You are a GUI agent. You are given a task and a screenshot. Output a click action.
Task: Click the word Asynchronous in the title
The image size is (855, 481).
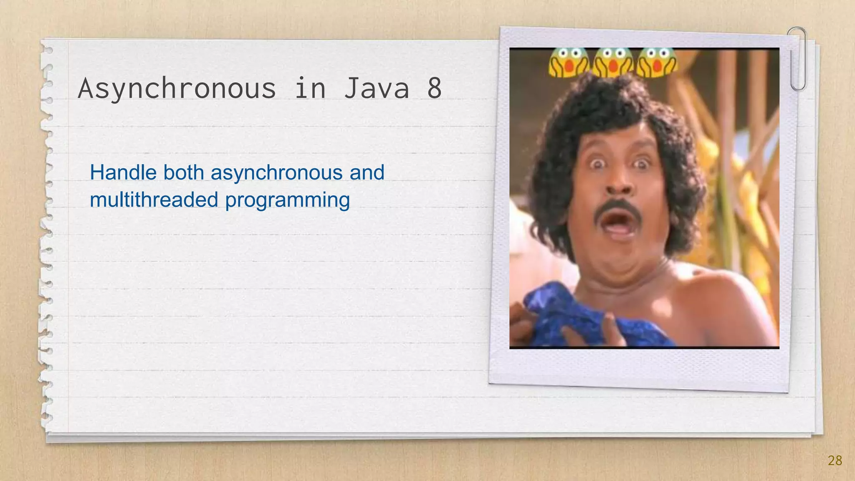coord(177,89)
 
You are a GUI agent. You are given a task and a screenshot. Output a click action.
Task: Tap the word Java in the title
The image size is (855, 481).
coord(376,88)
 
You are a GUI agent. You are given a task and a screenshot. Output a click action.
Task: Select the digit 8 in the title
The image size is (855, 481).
coord(434,88)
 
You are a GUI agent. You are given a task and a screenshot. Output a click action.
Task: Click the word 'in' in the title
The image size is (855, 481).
coord(310,88)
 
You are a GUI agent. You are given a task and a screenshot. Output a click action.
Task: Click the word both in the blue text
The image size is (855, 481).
coord(183,172)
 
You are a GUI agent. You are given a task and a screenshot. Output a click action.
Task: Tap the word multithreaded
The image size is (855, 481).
coord(154,200)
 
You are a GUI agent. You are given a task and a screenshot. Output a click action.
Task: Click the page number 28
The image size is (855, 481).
coord(835,461)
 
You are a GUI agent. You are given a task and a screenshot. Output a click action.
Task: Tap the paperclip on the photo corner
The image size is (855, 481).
coord(797,58)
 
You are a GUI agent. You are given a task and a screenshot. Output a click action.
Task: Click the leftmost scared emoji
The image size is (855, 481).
coord(568,63)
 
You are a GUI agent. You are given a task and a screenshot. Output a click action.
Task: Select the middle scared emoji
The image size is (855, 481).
coord(613,63)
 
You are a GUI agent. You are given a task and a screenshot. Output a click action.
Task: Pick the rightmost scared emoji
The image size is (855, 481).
coord(657,63)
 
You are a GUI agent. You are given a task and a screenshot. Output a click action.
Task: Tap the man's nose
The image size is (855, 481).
coord(618,184)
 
